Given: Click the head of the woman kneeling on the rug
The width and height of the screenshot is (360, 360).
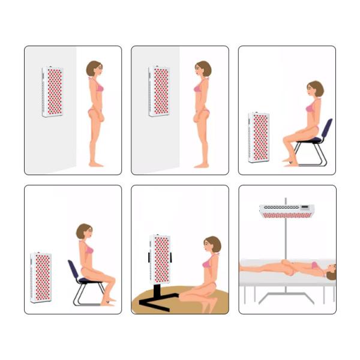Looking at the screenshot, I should pos(211,245).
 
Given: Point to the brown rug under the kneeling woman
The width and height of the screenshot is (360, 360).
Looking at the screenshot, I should pos(180,300).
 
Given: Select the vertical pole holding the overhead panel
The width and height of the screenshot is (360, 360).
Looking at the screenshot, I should pos(286,240).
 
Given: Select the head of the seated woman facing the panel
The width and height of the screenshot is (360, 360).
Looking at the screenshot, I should pos(314,89).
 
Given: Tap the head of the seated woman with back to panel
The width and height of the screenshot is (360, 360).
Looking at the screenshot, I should pos(84,232).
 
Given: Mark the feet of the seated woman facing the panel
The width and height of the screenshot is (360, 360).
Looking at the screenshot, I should pos(290,162).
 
